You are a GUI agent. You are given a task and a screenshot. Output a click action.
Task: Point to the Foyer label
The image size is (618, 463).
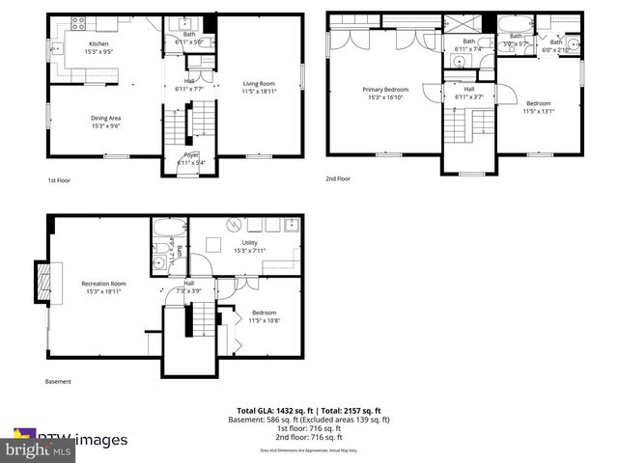[x=190, y=158]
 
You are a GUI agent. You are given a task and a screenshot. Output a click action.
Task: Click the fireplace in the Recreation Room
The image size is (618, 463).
[x=42, y=283]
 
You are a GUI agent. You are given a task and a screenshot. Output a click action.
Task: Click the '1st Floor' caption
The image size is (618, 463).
[x=59, y=180]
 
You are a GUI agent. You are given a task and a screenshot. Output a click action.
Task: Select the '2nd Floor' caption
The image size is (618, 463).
[x=337, y=179]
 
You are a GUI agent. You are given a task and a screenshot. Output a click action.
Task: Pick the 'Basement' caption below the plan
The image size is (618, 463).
[x=58, y=382]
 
